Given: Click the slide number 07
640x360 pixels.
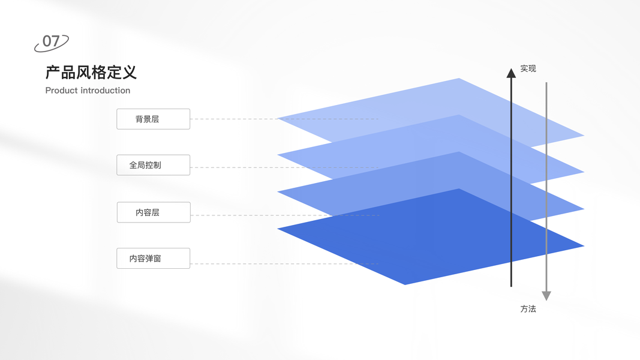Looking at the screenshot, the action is pyautogui.click(x=51, y=41).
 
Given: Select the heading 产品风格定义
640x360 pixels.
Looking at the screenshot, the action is pyautogui.click(x=91, y=73).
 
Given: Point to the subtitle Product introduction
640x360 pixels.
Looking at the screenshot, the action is pyautogui.click(x=88, y=91).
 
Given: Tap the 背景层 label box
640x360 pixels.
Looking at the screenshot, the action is pyautogui.click(x=153, y=119).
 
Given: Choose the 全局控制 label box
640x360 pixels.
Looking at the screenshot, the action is pyautogui.click(x=153, y=165).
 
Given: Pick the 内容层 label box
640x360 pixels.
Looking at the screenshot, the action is pyautogui.click(x=153, y=212).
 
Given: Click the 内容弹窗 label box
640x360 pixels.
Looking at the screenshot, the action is pyautogui.click(x=153, y=259).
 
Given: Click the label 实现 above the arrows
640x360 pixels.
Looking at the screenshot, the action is pyautogui.click(x=528, y=69).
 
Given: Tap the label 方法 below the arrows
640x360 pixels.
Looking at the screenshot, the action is pyautogui.click(x=528, y=309).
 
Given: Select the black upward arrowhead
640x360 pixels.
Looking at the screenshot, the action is pyautogui.click(x=511, y=73).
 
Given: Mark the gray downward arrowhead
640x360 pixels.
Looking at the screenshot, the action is pyautogui.click(x=546, y=295).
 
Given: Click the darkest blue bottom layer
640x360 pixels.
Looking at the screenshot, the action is pyautogui.click(x=420, y=240).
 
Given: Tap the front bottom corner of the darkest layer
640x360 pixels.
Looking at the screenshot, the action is pyautogui.click(x=405, y=284).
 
